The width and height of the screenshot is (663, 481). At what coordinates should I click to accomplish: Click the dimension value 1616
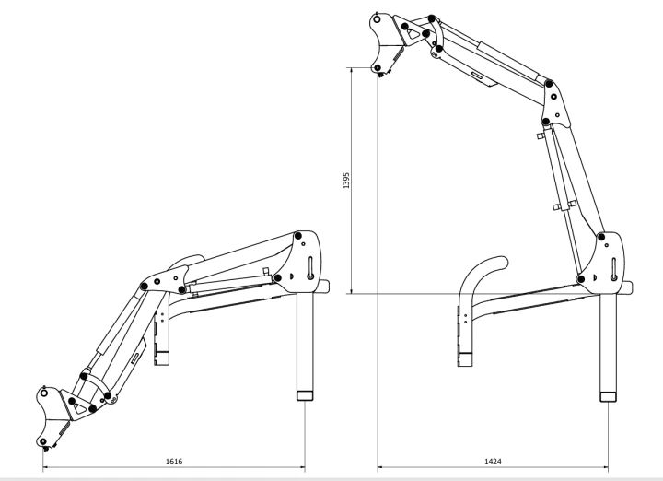pos(174,461)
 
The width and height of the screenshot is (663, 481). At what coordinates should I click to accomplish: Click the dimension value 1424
pos(493,461)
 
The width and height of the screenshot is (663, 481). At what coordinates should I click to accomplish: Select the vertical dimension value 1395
pos(346,181)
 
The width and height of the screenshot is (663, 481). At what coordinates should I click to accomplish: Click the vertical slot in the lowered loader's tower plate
pos(311,268)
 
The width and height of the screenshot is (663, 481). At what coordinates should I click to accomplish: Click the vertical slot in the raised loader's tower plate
pos(614,269)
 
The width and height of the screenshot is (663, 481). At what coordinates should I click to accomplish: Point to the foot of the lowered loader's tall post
pos(305,396)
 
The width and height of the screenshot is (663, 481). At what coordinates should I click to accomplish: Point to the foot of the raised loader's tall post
pos(609,397)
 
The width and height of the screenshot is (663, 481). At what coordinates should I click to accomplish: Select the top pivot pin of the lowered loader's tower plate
pos(298,236)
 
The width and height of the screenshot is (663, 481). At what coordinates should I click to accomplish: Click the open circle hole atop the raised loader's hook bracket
pos(378,19)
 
